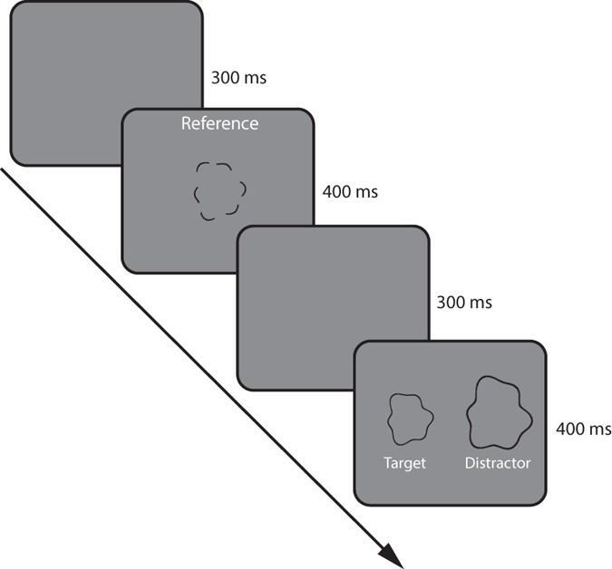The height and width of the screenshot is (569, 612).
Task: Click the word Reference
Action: pos(219,123)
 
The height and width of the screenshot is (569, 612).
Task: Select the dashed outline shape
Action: pos(219,190)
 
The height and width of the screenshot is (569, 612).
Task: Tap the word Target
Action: pos(403,463)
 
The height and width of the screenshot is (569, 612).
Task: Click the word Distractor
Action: pos(498,463)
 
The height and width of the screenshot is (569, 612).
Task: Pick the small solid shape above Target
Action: pos(410,419)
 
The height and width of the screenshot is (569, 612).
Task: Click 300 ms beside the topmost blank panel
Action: pos(238,79)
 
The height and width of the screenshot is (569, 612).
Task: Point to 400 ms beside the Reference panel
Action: pos(350,192)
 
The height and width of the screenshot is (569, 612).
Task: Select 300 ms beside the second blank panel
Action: pos(463,302)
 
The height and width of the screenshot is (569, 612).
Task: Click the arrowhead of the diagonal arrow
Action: pos(392,555)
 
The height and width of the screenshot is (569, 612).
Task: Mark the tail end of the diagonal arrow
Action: pos(3,169)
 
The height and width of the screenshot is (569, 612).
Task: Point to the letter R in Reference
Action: pos(186,123)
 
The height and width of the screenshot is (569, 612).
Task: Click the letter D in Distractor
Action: pos(469,463)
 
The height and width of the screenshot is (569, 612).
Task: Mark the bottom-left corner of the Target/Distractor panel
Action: pos(357,501)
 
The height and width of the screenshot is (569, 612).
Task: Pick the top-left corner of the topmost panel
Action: pos(12,4)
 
